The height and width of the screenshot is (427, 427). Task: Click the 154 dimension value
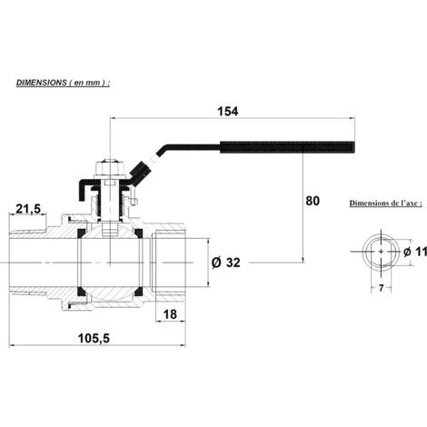click(x=228, y=112)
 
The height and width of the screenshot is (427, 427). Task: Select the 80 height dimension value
click(x=313, y=201)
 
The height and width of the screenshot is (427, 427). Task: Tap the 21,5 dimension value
click(x=28, y=209)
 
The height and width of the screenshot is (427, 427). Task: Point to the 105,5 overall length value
click(x=94, y=338)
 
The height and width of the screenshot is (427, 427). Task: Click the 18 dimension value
click(x=170, y=314)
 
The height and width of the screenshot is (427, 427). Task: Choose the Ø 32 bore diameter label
click(x=226, y=263)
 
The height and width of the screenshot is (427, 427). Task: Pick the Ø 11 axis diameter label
click(x=415, y=252)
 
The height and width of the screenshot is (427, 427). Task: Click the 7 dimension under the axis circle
click(x=382, y=287)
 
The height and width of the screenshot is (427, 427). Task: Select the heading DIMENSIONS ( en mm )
click(x=63, y=83)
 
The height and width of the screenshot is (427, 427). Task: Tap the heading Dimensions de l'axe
click(x=386, y=203)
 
